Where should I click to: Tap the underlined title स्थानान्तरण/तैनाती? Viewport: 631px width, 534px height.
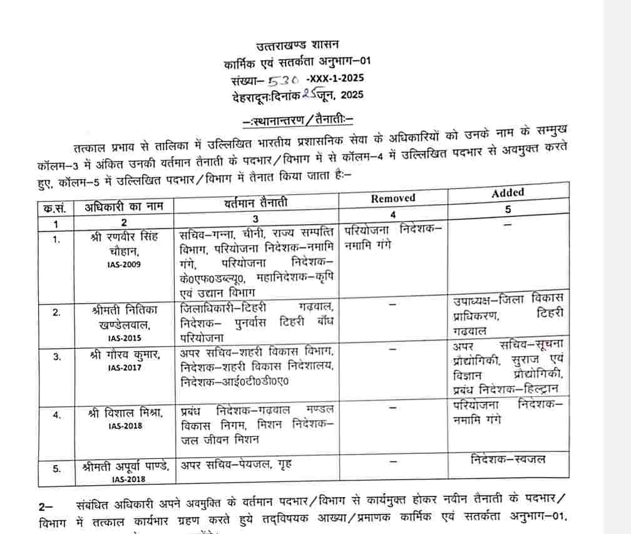click(298, 118)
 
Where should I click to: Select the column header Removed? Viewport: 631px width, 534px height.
click(393, 198)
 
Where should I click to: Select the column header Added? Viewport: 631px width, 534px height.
click(508, 193)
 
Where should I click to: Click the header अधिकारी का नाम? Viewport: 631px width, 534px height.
click(123, 207)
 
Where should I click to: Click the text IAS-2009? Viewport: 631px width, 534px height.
click(124, 264)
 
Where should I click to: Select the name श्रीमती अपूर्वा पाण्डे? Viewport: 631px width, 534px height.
click(125, 466)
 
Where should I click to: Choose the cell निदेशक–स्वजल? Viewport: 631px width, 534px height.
click(508, 460)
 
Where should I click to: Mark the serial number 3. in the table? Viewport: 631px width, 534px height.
click(56, 357)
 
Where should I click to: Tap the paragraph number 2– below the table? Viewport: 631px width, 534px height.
click(46, 505)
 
